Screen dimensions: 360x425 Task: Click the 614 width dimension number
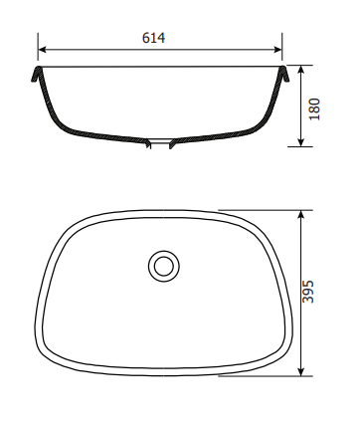tap(153, 38)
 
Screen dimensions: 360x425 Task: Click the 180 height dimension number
tap(314, 109)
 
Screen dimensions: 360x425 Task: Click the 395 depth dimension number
tap(308, 292)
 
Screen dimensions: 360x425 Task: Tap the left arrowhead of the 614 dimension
tap(42, 50)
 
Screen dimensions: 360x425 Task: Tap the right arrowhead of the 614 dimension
tap(277, 50)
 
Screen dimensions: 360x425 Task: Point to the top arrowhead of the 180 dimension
tap(300, 70)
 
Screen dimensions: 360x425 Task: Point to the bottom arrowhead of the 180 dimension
tap(300, 142)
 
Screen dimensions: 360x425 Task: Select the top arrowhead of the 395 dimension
tap(300, 214)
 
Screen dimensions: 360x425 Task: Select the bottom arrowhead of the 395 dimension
tap(300, 372)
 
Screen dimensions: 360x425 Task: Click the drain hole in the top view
tap(164, 266)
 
